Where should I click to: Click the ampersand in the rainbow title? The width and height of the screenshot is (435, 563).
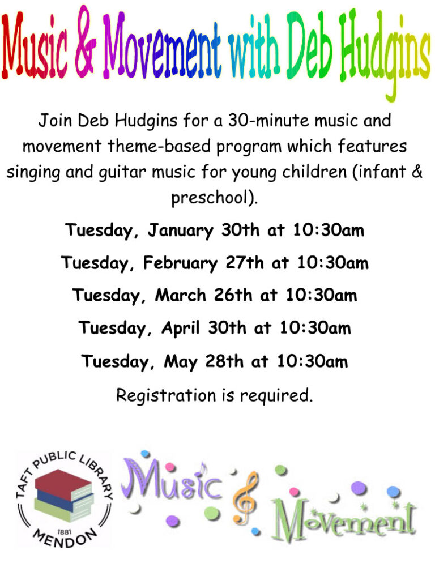coord(86,41)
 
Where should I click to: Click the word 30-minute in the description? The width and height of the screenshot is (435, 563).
coord(268,120)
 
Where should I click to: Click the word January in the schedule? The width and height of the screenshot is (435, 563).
coord(180,231)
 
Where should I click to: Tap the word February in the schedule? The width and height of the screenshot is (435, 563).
coord(180,263)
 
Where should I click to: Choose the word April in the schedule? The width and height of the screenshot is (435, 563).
coord(180,328)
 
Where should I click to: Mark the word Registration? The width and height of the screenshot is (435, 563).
coord(165,396)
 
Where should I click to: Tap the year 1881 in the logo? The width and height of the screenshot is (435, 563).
coord(65,532)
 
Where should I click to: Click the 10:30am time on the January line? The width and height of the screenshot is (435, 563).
coord(329,230)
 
